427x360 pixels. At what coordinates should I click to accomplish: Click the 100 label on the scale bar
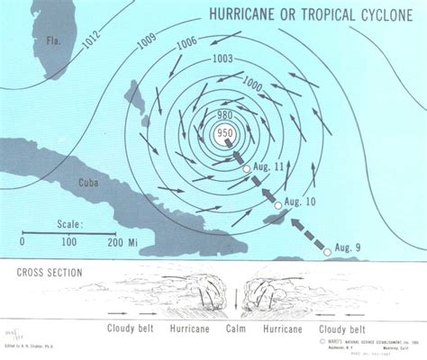point(70,241)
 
